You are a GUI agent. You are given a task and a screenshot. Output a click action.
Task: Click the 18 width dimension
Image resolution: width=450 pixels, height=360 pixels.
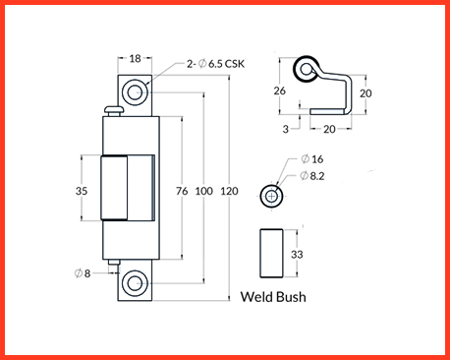tap(135, 59)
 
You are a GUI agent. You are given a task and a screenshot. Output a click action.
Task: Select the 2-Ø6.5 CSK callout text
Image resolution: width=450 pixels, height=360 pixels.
tap(215, 64)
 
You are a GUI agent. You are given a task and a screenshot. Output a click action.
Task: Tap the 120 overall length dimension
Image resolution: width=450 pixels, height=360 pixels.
tap(229, 191)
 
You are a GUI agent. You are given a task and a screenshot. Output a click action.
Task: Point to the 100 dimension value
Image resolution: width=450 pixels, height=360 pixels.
tap(204, 191)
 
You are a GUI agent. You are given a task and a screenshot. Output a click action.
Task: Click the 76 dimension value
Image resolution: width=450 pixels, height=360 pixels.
tap(182, 191)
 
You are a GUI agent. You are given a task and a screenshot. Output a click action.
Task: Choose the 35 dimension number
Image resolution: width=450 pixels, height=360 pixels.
tap(82, 191)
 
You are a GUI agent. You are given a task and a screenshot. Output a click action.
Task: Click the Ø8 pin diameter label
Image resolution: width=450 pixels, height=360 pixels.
tap(83, 273)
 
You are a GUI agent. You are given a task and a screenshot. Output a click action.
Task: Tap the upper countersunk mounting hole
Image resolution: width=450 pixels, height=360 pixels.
tap(135, 92)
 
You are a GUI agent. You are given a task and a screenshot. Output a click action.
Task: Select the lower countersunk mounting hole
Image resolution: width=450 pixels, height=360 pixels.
tap(135, 283)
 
